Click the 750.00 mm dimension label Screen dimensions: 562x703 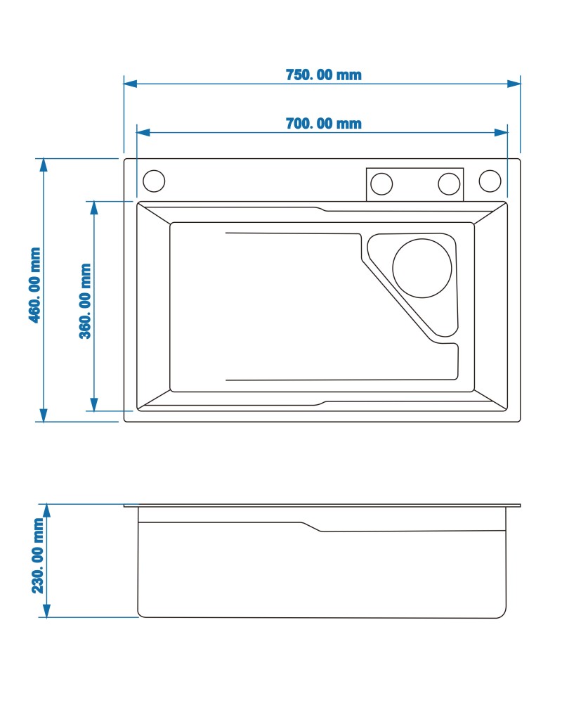324,75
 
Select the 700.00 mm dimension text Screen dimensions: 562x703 324,123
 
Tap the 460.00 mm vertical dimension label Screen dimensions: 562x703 34,285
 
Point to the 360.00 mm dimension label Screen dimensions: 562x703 85,301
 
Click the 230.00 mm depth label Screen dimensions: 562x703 38,555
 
